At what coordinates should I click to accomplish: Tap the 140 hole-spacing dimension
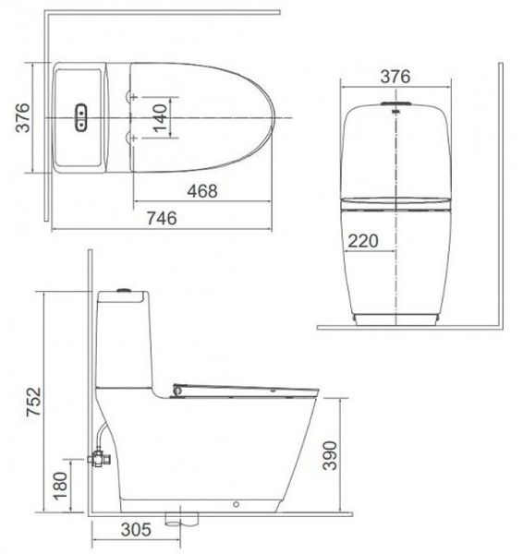click(163, 117)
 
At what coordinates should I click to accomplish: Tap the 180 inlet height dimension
click(60, 484)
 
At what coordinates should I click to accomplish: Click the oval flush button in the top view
click(81, 116)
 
